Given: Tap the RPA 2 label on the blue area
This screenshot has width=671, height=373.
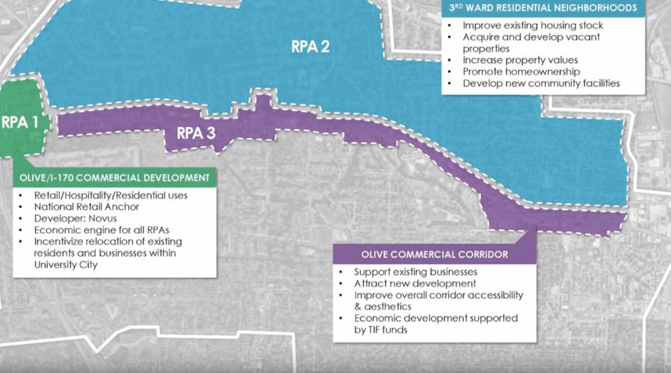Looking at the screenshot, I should coord(310,46).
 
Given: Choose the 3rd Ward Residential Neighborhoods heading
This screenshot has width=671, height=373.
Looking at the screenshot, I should coord(544,9).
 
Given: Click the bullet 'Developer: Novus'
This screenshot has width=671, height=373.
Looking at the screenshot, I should coord(69,218).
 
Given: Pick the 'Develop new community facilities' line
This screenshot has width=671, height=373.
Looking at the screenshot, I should coord(541,83).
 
